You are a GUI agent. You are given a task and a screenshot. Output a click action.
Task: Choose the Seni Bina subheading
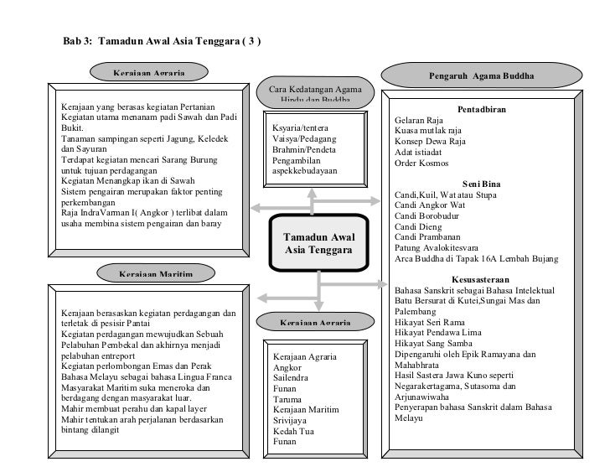click(x=481, y=185)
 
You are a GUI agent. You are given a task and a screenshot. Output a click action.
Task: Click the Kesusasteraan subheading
click(x=481, y=279)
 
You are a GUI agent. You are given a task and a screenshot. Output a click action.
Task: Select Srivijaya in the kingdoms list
click(x=292, y=421)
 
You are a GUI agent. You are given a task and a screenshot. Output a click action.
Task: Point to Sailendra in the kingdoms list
click(x=292, y=378)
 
